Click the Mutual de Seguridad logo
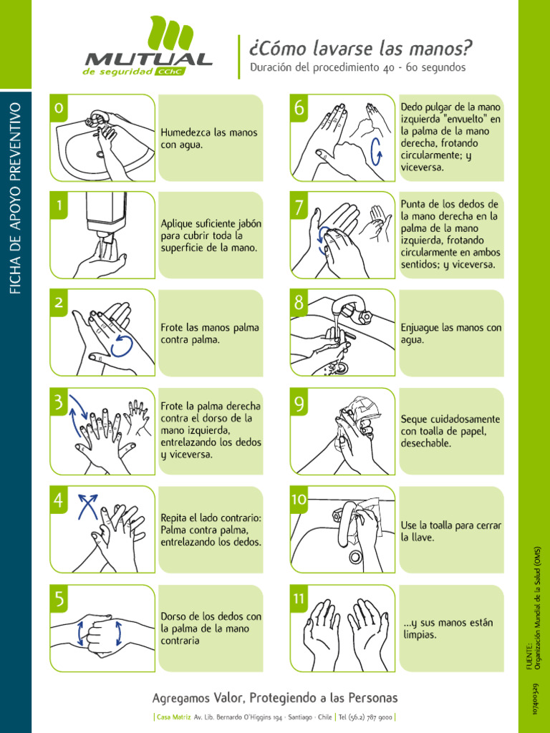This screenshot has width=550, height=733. (x=148, y=47)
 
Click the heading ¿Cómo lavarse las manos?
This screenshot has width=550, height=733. (x=360, y=48)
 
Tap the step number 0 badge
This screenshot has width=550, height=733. (x=59, y=108)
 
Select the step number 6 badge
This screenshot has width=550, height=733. (x=299, y=108)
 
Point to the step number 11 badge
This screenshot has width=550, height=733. (x=299, y=598)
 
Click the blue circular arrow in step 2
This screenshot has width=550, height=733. (x=122, y=346)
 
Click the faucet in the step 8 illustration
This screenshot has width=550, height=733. (x=350, y=307)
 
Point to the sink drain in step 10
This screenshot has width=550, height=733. (x=355, y=556)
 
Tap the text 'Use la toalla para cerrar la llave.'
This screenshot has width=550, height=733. (x=451, y=531)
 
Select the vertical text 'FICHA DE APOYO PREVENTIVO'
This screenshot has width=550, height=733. (x=16, y=198)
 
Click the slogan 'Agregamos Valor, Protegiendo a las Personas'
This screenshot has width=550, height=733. (x=275, y=698)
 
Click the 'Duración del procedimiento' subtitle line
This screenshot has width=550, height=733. (x=358, y=67)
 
